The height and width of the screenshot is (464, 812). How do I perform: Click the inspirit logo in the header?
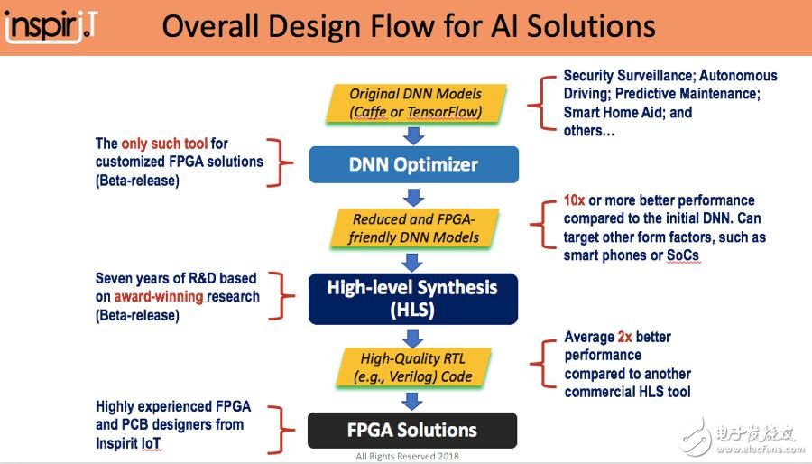[x=51, y=27]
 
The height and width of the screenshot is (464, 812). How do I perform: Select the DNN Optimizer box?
[x=413, y=164]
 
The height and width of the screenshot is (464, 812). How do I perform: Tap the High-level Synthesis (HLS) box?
[x=413, y=299]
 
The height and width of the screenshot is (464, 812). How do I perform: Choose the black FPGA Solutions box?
[x=413, y=429]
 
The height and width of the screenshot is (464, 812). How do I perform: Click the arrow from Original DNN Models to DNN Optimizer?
[x=413, y=135]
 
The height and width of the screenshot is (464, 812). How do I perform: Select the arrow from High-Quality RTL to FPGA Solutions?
[x=413, y=399]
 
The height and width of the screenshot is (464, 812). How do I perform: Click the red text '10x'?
[x=575, y=200]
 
